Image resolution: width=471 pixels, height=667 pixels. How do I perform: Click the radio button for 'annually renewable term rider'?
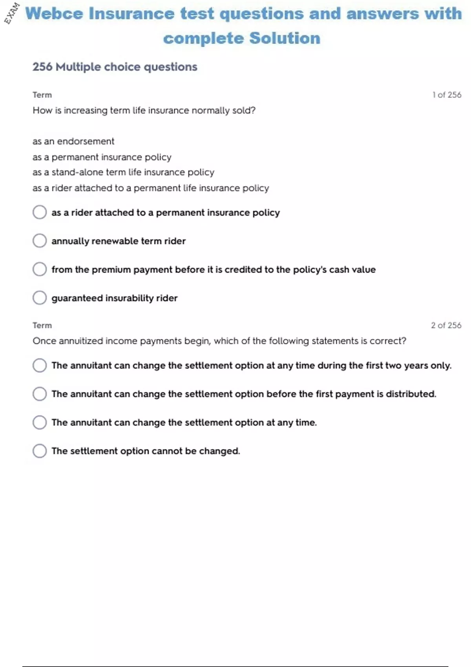pyautogui.click(x=40, y=241)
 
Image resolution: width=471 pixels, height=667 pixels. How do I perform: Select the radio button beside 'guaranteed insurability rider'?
pyautogui.click(x=40, y=297)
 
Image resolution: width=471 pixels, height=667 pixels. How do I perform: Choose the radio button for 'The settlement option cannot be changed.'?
pyautogui.click(x=40, y=450)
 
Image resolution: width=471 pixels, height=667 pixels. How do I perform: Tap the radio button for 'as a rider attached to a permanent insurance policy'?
pyautogui.click(x=40, y=212)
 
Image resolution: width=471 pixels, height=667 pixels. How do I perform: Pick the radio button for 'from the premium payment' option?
pyautogui.click(x=40, y=269)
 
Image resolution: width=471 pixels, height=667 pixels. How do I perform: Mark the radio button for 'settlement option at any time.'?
pyautogui.click(x=40, y=422)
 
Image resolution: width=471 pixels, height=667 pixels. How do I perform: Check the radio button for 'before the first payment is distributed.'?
pyautogui.click(x=40, y=394)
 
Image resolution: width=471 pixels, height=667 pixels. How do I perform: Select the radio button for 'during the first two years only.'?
pyautogui.click(x=40, y=365)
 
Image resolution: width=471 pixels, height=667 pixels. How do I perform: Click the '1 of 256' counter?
pyautogui.click(x=447, y=95)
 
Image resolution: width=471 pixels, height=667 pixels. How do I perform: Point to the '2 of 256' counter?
pyautogui.click(x=446, y=325)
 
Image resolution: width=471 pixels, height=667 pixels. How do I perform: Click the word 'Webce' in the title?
pyautogui.click(x=54, y=14)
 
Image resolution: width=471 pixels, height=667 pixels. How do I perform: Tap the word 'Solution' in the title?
pyautogui.click(x=285, y=38)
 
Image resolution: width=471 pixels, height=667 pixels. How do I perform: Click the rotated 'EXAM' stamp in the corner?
pyautogui.click(x=12, y=13)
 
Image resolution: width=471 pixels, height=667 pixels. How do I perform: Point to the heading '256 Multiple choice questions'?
pyautogui.click(x=115, y=67)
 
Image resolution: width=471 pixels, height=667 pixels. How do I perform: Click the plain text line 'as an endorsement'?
pyautogui.click(x=73, y=141)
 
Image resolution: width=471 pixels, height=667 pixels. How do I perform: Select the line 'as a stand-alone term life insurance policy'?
pyautogui.click(x=123, y=172)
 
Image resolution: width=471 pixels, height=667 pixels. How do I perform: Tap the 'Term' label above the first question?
pyautogui.click(x=42, y=95)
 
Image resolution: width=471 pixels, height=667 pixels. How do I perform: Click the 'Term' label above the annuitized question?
pyautogui.click(x=42, y=325)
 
